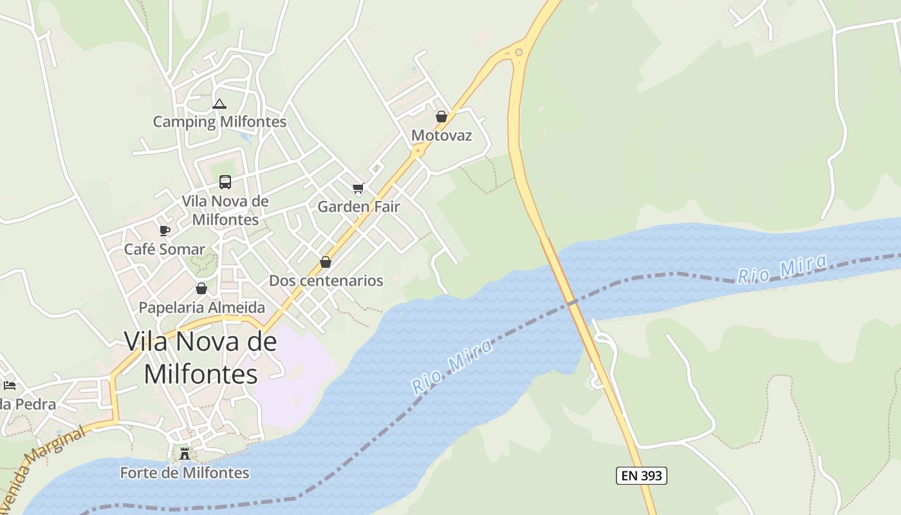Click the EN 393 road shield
tap(641, 476)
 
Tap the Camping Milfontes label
tap(219, 121)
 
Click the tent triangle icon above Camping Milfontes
tap(219, 104)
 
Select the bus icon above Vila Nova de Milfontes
tap(225, 182)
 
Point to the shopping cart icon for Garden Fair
tap(358, 189)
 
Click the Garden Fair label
tap(358, 207)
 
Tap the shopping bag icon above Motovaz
tap(441, 117)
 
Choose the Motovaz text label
tap(441, 135)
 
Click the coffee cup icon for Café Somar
tap(165, 230)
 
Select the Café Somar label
tap(165, 249)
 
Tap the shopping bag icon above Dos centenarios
tap(326, 262)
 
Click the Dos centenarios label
tap(326, 281)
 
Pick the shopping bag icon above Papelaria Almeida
tap(201, 288)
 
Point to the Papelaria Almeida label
tap(202, 307)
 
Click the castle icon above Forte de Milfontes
tap(185, 453)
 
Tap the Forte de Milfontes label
tap(185, 473)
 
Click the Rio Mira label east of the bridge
tap(782, 269)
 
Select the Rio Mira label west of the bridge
tap(452, 366)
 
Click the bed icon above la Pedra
tap(10, 386)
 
